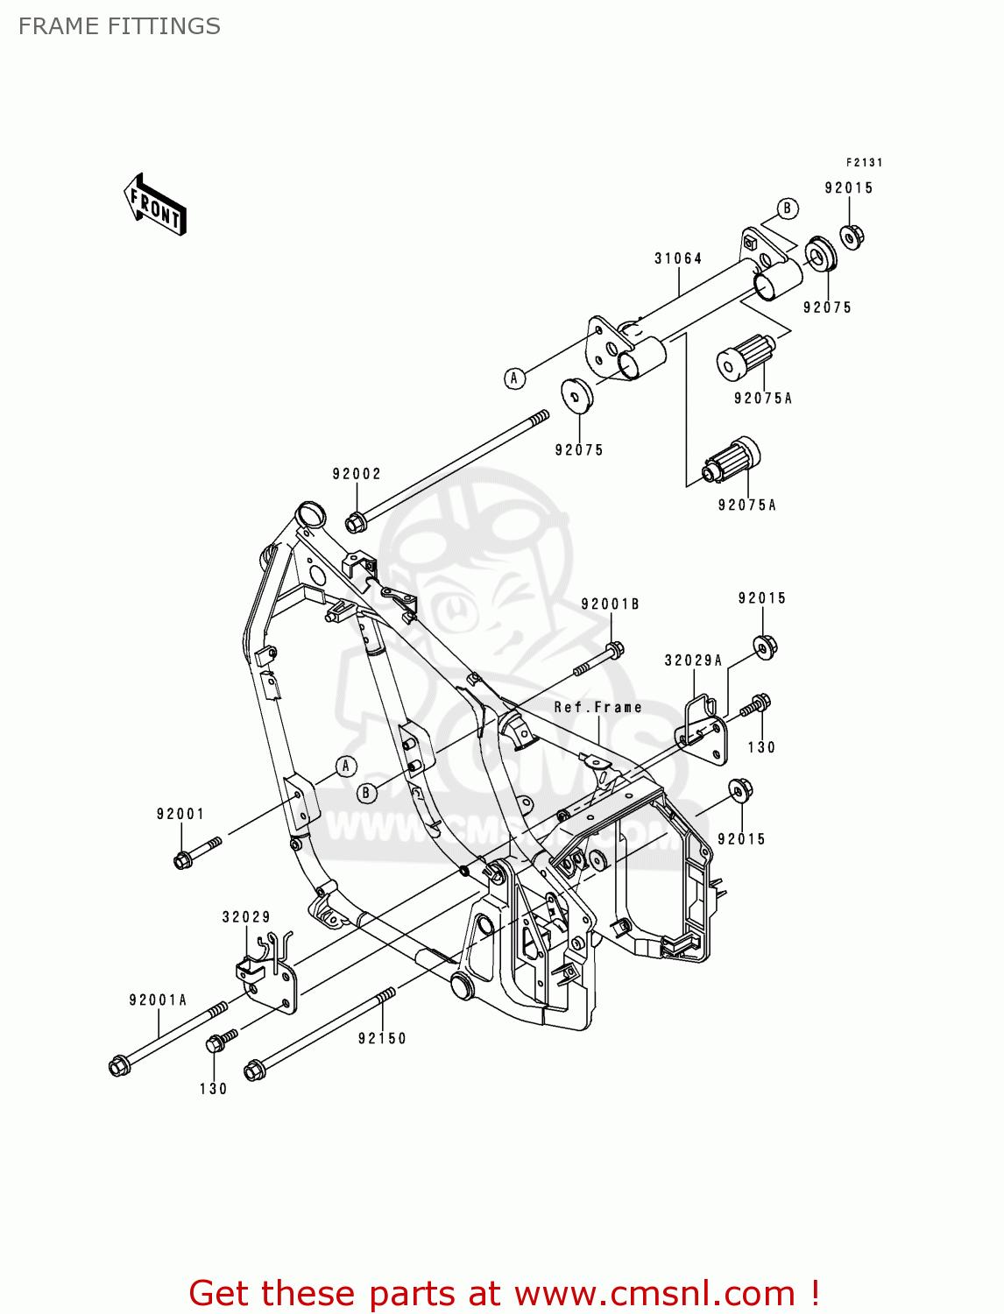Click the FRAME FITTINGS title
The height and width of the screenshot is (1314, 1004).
pos(119,26)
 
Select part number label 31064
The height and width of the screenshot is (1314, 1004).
pos(678,258)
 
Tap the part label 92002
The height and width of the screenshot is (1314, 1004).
pos(357,474)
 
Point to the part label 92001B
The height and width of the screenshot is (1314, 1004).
pos(610,604)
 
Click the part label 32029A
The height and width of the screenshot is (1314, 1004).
pos(693,661)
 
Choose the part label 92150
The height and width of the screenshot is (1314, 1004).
pos(382,1038)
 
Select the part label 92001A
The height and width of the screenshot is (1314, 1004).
pos(158,1000)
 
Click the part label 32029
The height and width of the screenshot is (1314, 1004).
pos(246,917)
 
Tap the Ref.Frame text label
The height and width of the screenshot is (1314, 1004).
pos(597,707)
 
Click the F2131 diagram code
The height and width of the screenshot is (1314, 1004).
pos(864,162)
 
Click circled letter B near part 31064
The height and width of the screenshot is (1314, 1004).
pos(787,208)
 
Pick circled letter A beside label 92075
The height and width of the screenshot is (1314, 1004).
pos(515,378)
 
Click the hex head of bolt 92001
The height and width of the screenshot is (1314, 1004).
pos(183,861)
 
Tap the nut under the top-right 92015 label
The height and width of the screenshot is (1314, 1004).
pos(852,236)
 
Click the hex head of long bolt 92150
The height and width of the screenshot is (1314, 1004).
pos(255,1070)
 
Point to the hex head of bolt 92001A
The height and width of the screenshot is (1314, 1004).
pos(119,1066)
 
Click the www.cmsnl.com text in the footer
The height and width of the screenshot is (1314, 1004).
pos(654,1293)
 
